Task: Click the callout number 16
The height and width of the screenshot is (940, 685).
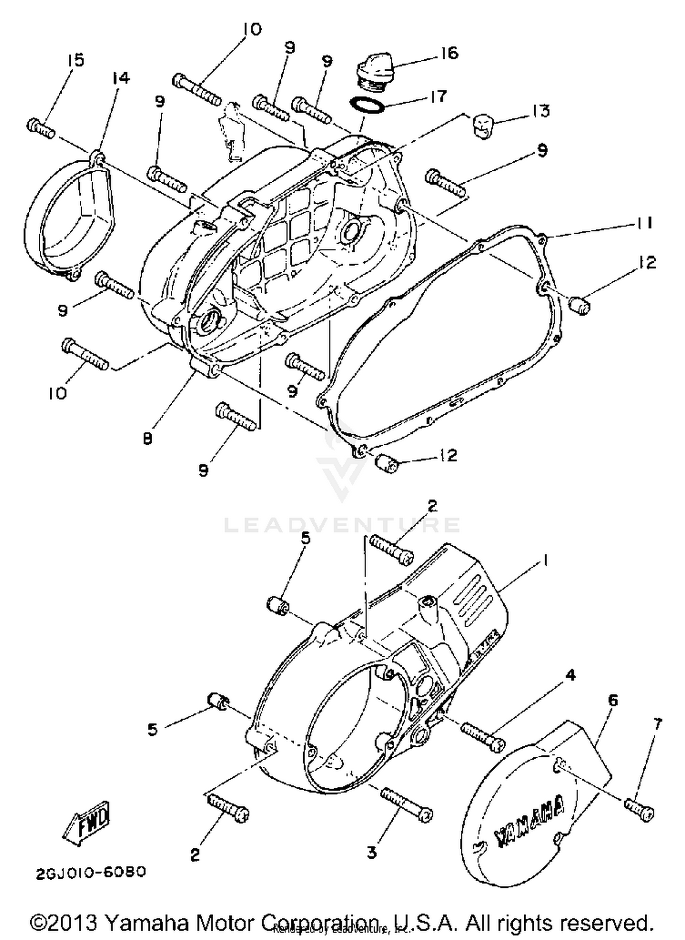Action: [x=450, y=53]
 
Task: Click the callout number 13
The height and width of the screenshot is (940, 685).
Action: [x=542, y=111]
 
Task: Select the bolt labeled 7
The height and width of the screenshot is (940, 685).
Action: [x=639, y=809]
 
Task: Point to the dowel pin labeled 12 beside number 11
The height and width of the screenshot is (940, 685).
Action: [x=580, y=305]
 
